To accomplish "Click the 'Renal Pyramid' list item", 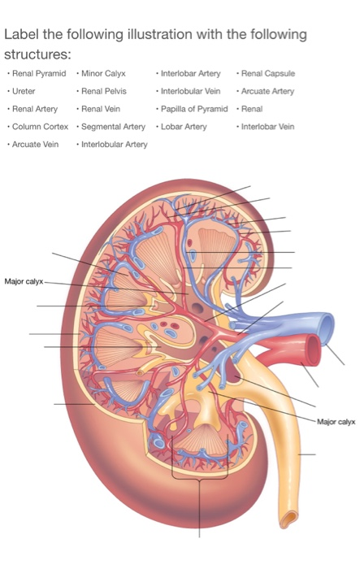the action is tap(39, 74).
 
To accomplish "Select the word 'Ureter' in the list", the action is tap(24, 91).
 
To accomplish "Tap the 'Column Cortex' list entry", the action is tap(40, 127).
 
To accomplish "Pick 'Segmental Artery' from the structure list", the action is tap(113, 127).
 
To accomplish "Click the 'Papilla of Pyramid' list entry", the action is tap(194, 109).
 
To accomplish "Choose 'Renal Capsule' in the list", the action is tap(268, 74).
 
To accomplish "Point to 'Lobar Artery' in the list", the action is tap(184, 127).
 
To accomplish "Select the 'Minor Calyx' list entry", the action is tap(103, 74).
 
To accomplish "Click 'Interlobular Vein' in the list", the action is tap(190, 91).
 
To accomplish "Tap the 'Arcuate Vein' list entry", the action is tap(35, 145).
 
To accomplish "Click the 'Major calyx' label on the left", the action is tap(24, 281).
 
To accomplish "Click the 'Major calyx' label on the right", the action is tap(336, 422).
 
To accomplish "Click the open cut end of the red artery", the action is tap(313, 350).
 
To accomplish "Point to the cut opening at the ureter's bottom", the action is tap(289, 519).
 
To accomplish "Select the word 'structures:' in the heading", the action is tap(37, 54).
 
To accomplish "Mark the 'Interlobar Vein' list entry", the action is tap(267, 127).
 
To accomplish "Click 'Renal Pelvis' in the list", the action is tap(104, 91).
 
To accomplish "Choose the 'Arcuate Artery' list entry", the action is tap(267, 91).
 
